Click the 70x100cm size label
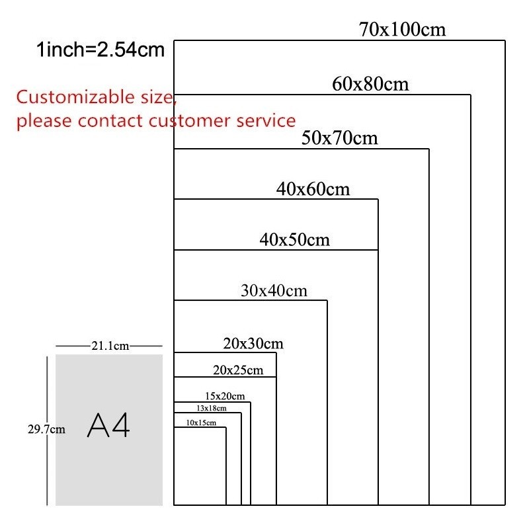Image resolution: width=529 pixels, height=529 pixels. coord(402,30)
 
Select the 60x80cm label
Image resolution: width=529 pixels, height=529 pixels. coord(370,85)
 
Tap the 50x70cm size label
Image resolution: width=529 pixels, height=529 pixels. coord(339,138)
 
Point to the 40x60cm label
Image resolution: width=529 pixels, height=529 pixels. coord(313,189)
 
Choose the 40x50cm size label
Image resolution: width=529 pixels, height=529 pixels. coord(294,240)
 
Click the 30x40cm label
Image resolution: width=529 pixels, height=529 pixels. coord(273,290)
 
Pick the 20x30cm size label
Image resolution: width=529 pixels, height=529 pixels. coord(253,343)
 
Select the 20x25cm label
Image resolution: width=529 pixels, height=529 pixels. coord(238,370)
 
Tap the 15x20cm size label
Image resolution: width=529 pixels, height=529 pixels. coord(225,396)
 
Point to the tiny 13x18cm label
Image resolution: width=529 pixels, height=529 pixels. coord(211,408)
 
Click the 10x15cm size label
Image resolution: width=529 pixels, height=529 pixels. coord(201,423)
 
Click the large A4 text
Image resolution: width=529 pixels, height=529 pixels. coord(108,427)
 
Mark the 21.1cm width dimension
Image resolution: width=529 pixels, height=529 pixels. coord(110,346)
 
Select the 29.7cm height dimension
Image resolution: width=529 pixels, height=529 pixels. coord(46,429)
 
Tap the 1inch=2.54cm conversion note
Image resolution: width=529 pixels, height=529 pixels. coord(101,50)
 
